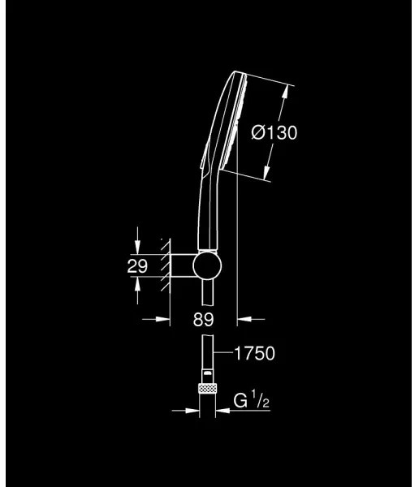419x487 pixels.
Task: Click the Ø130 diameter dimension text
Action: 274,133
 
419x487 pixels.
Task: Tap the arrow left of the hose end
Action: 193,410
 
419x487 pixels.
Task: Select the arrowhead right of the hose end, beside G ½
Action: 223,410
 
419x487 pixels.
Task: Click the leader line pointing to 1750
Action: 224,353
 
